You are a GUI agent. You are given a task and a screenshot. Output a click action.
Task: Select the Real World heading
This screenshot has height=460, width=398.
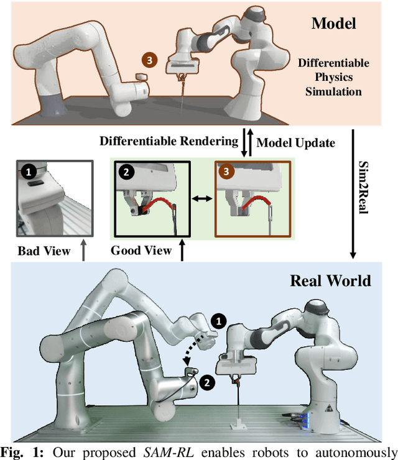(x=330, y=280)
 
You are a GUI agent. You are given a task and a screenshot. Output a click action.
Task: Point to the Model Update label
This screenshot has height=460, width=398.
(x=296, y=142)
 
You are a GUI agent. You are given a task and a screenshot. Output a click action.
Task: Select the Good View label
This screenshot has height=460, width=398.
(x=141, y=251)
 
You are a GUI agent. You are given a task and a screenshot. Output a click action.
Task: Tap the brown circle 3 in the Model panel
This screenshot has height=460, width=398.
(x=149, y=61)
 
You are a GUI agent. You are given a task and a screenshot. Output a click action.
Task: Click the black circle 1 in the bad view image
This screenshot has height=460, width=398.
(x=27, y=169)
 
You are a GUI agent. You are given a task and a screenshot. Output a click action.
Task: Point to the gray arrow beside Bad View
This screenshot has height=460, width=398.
(x=83, y=251)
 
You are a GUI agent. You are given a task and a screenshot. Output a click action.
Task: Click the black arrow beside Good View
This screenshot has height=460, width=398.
(x=182, y=251)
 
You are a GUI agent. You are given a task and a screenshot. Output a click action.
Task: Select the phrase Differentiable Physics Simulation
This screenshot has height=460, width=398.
(x=333, y=78)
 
